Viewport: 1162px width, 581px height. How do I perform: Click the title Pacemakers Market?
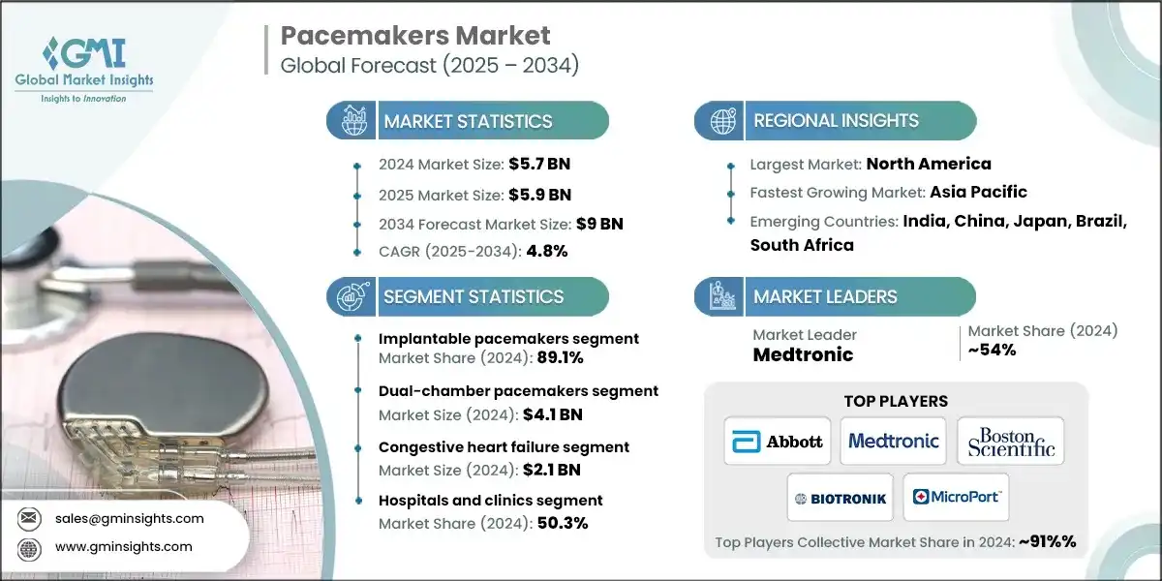click(415, 36)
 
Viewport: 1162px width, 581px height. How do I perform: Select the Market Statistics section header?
click(468, 121)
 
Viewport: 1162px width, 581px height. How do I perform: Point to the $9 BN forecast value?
click(599, 224)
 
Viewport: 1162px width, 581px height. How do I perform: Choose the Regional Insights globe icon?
click(720, 121)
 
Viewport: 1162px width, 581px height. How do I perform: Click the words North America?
click(928, 164)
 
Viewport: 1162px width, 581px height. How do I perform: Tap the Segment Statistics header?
click(473, 296)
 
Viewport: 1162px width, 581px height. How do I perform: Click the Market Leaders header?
click(825, 296)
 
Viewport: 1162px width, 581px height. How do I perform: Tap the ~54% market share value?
click(992, 350)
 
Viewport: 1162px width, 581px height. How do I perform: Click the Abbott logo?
click(779, 441)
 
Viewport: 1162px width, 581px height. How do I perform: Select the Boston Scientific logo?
click(1010, 441)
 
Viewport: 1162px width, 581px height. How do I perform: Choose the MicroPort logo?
click(957, 498)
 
